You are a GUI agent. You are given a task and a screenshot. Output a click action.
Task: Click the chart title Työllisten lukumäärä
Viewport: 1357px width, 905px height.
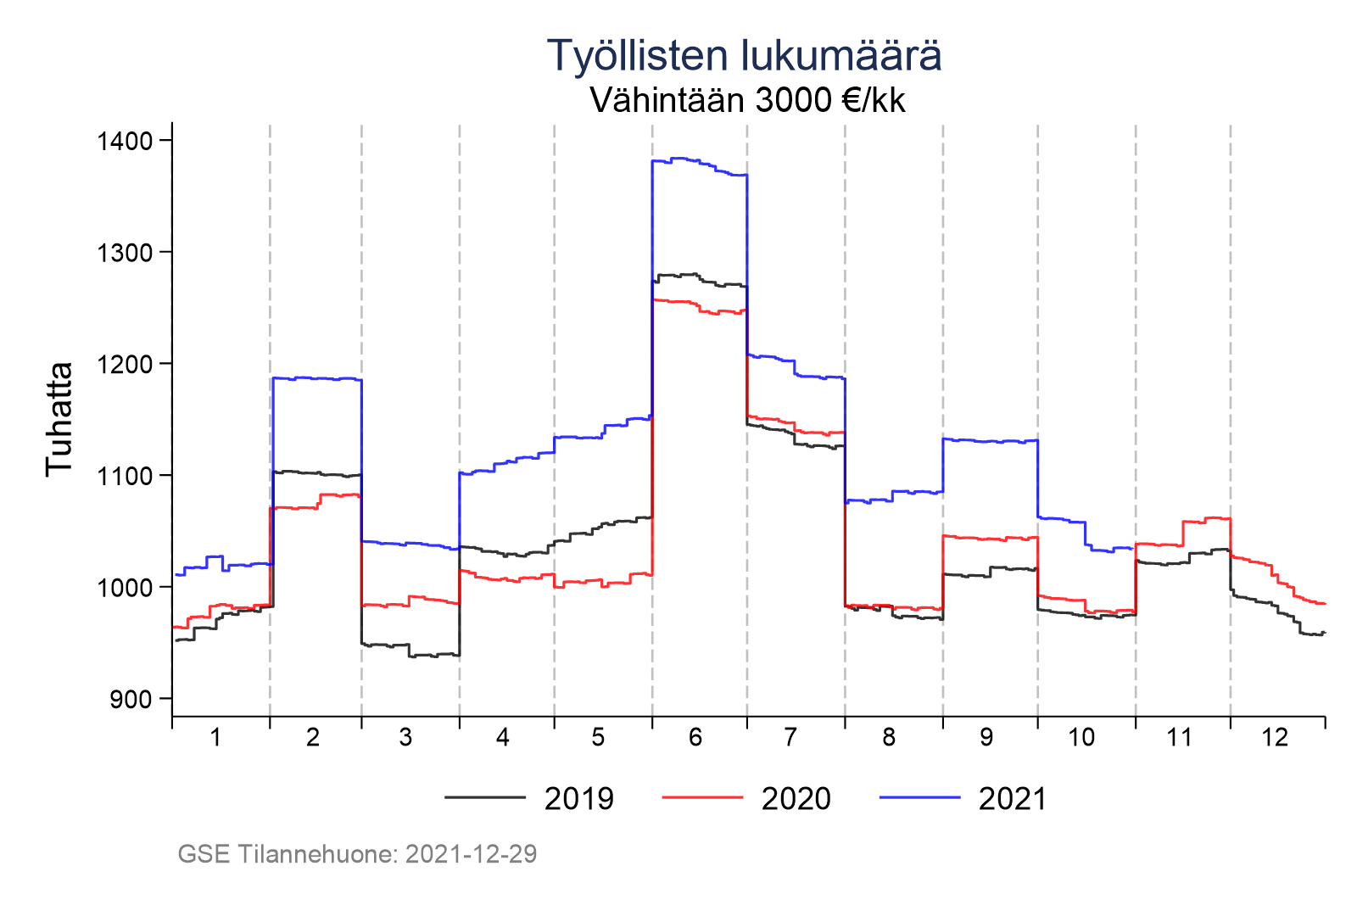pyautogui.click(x=744, y=56)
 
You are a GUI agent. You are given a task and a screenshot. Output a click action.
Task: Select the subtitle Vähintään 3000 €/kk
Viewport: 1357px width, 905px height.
pyautogui.click(x=747, y=101)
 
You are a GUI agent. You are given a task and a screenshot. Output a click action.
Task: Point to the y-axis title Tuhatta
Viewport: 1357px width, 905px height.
pyautogui.click(x=59, y=419)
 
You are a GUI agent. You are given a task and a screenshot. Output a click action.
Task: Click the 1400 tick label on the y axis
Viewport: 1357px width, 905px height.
pyautogui.click(x=125, y=141)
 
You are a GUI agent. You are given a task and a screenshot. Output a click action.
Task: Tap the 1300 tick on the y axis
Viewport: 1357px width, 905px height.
pyautogui.click(x=125, y=253)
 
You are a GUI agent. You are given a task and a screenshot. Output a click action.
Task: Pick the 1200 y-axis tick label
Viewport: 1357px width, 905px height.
pyautogui.click(x=125, y=365)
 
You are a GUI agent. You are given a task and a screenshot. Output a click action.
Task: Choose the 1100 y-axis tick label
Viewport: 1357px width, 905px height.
pyautogui.click(x=125, y=476)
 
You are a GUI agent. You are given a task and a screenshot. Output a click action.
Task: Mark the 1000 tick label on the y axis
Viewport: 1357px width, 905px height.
pyautogui.click(x=125, y=588)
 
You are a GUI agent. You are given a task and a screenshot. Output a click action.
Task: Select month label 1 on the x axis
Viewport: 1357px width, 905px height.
pyautogui.click(x=215, y=738)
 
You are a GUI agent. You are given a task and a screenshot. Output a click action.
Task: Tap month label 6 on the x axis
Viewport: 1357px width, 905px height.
pyautogui.click(x=695, y=738)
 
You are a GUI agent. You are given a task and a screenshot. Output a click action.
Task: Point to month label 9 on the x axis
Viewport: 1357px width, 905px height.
pyautogui.click(x=986, y=738)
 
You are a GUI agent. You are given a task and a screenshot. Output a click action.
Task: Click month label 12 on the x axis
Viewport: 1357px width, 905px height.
pyautogui.click(x=1275, y=738)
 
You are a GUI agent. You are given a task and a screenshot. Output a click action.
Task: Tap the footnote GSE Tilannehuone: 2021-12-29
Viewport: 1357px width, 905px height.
pyautogui.click(x=357, y=854)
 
